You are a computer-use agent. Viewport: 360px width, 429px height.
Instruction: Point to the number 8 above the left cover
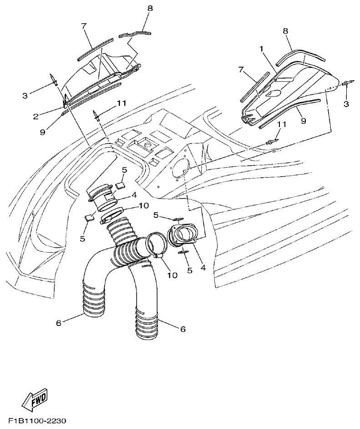pyautogui.click(x=150, y=8)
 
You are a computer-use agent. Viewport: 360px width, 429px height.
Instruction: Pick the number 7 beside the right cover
pyautogui.click(x=242, y=69)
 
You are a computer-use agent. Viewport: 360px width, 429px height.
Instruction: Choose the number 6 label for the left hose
pyautogui.click(x=58, y=323)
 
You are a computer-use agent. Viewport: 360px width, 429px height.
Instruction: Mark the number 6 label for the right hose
pyautogui.click(x=183, y=328)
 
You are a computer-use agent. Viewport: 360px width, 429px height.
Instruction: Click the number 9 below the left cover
pyautogui.click(x=42, y=132)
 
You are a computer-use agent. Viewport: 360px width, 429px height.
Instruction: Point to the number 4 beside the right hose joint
pyautogui.click(x=203, y=268)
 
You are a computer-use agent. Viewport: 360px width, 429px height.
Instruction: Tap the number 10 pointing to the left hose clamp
pyautogui.click(x=143, y=205)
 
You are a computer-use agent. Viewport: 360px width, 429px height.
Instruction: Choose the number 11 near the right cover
pyautogui.click(x=282, y=124)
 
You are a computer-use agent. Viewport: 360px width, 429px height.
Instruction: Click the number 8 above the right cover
pyautogui.click(x=285, y=31)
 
